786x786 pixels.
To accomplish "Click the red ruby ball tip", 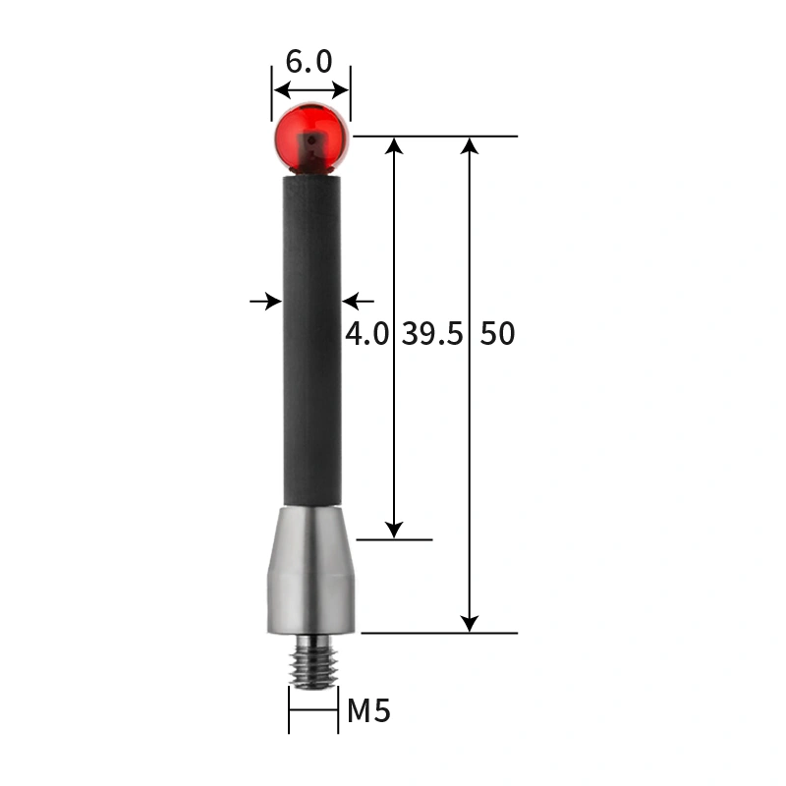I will click(x=311, y=138).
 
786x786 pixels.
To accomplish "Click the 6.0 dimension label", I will click(x=309, y=62).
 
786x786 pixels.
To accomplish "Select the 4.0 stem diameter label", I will click(x=366, y=334).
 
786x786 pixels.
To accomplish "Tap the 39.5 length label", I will click(x=431, y=334).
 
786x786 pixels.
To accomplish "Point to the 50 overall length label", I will click(x=497, y=334).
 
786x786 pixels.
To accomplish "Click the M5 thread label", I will click(x=368, y=710).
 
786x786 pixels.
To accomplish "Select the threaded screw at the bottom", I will click(x=312, y=660).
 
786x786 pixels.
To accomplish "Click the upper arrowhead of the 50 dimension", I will click(x=470, y=146).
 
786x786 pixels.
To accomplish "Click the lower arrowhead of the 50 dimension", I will click(x=470, y=623).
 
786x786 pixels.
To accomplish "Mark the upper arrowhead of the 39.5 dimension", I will click(x=394, y=146).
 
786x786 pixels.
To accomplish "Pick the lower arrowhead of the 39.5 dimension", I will click(x=394, y=529).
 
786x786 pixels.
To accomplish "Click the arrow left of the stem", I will click(x=267, y=301).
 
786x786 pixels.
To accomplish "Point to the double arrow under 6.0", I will click(x=311, y=90).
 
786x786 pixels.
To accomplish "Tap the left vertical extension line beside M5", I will click(x=289, y=709).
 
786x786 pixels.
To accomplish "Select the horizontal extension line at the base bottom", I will click(x=438, y=633).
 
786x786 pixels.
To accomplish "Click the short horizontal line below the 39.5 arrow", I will click(x=394, y=539).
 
